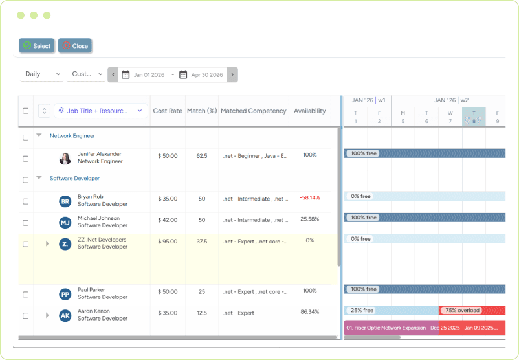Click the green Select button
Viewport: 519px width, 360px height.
(36, 46)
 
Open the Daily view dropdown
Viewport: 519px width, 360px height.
(42, 74)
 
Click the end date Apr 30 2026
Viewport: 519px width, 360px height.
(206, 75)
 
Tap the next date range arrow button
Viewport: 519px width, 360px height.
(232, 75)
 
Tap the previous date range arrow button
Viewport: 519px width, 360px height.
(113, 75)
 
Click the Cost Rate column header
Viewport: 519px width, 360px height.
(168, 111)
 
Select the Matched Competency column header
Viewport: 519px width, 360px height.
(253, 111)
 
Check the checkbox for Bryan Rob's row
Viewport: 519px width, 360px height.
(26, 201)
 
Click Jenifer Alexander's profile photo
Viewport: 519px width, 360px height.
(65, 158)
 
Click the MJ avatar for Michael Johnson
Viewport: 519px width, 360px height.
(65, 223)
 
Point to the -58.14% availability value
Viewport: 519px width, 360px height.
(309, 197)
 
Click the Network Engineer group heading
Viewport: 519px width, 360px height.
(72, 136)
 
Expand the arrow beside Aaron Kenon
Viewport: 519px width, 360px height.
(47, 315)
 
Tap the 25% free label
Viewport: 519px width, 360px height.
(362, 311)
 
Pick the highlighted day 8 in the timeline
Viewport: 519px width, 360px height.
(474, 117)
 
